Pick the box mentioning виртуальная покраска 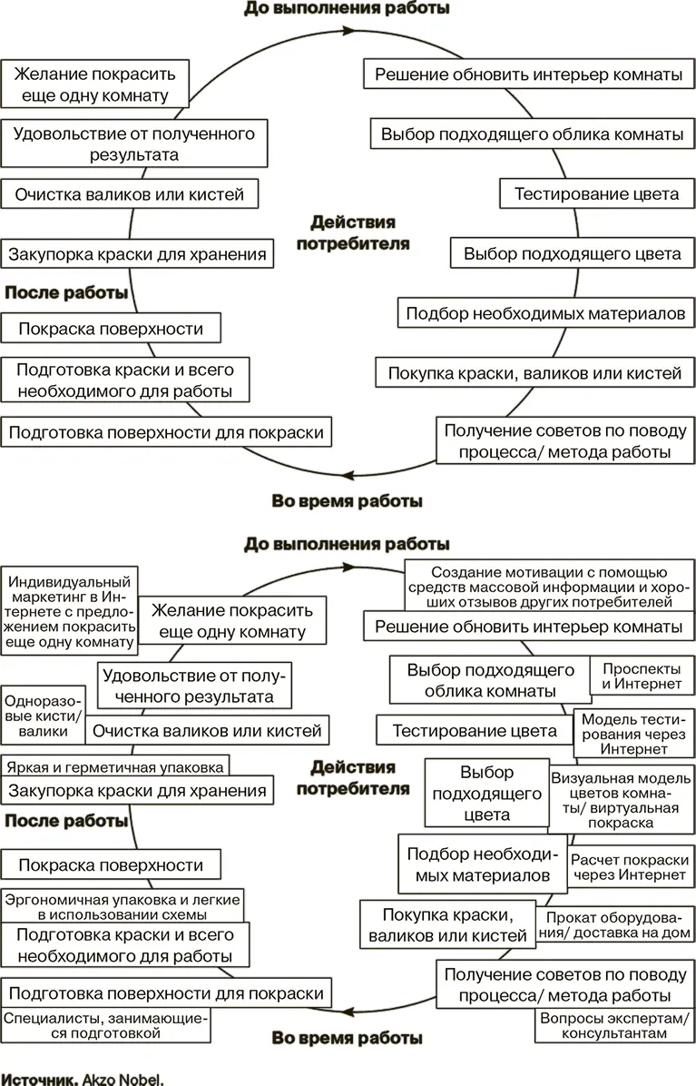tap(622, 800)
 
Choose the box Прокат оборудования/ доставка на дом tap(618, 925)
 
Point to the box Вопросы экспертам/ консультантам tap(613, 1025)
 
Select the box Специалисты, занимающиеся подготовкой tap(105, 1025)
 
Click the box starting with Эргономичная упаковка tap(122, 906)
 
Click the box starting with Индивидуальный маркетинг tap(69, 611)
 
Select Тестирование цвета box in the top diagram tap(596, 194)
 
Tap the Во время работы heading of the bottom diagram tap(347, 1036)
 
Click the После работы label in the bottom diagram tap(66, 821)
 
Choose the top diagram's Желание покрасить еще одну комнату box tap(94, 84)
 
